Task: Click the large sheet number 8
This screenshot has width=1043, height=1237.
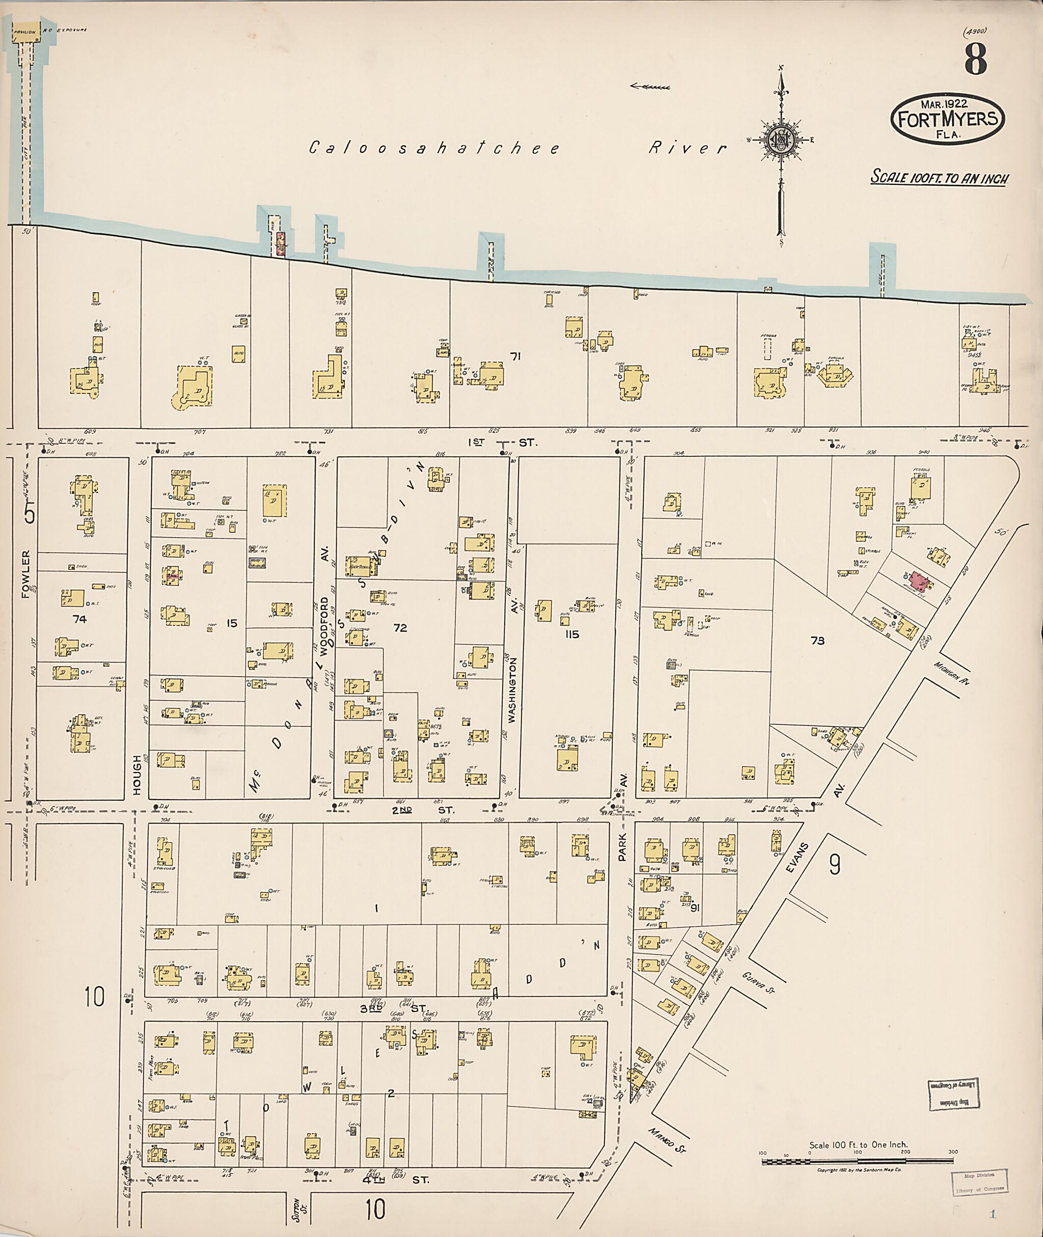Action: point(976,59)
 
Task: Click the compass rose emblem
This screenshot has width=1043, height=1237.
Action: point(781,140)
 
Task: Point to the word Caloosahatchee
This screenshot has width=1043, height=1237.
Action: point(434,148)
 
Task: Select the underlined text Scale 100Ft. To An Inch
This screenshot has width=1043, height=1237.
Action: point(940,177)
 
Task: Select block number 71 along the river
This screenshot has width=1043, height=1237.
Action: point(515,356)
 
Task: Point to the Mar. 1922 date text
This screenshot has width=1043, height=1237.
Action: point(944,103)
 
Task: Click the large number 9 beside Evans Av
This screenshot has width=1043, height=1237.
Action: point(834,865)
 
